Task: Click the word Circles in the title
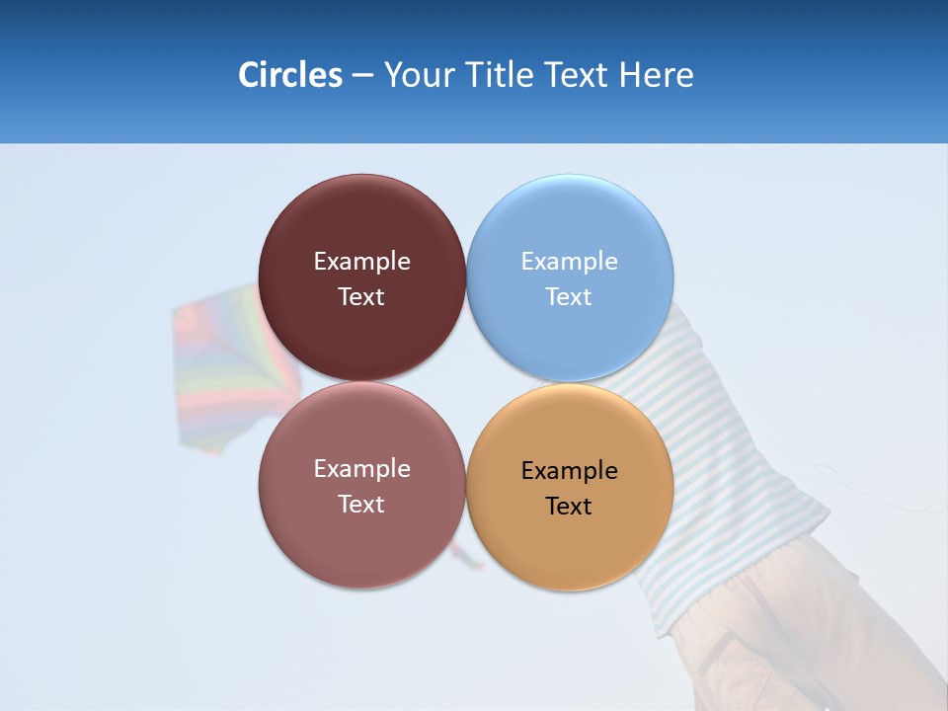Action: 289,75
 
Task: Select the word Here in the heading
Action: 657,75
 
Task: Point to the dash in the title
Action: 362,76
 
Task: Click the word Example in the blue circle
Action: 569,262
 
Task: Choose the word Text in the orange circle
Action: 569,507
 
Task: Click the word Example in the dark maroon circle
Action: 361,262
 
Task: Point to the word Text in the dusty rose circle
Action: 361,505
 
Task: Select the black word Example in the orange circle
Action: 569,471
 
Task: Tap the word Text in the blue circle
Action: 569,297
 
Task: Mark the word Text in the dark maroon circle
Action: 361,297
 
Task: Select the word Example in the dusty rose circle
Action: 361,469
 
